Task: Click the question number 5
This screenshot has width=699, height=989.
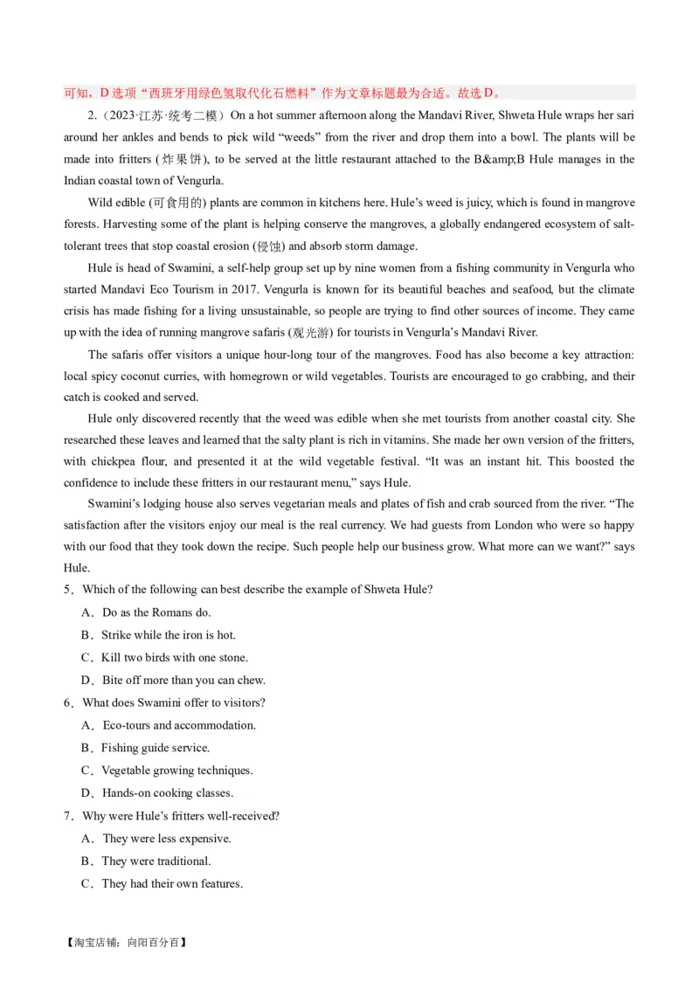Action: click(x=68, y=590)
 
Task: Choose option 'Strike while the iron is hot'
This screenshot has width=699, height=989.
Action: click(x=168, y=635)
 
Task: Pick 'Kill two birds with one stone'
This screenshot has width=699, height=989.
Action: click(x=174, y=658)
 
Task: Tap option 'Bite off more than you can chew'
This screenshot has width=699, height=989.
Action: click(x=183, y=681)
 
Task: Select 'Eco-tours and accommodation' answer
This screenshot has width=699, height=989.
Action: click(x=179, y=725)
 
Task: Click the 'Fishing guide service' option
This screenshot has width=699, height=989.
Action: click(x=155, y=748)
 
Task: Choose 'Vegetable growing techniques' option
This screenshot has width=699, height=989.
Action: click(x=176, y=771)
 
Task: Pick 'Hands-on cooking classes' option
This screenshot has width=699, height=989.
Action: click(x=167, y=793)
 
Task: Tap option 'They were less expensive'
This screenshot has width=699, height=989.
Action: click(x=166, y=839)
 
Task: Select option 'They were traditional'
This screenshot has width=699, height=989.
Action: click(x=156, y=861)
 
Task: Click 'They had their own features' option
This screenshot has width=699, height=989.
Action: click(x=171, y=884)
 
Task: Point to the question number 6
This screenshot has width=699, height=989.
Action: click(x=68, y=703)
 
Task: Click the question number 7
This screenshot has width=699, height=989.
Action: click(x=68, y=816)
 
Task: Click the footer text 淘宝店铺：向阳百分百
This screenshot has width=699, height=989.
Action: click(x=126, y=944)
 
